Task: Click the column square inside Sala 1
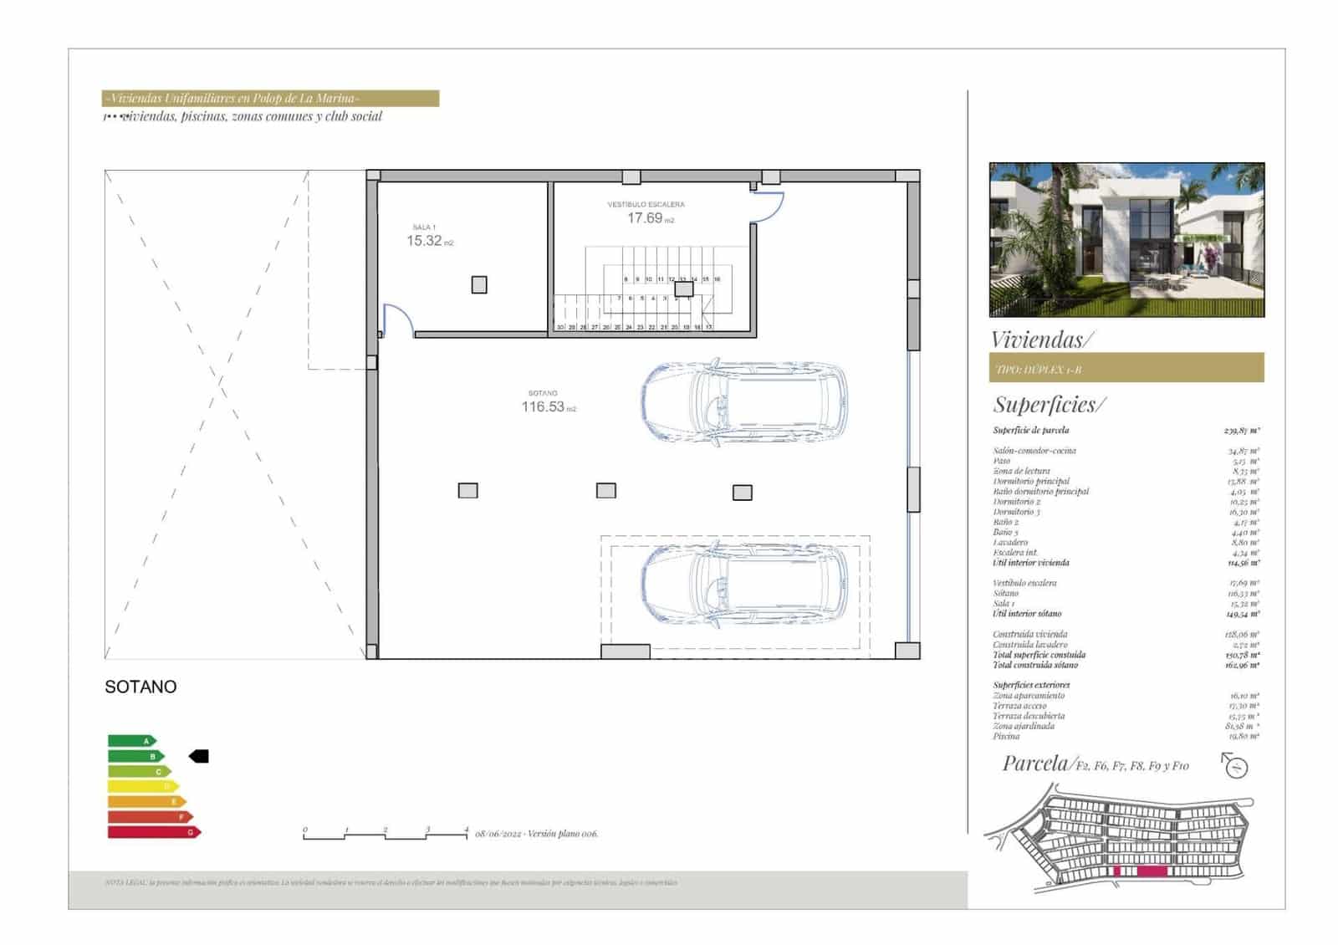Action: point(479,285)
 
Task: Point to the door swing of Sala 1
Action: point(397,319)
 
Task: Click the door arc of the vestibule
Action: point(768,207)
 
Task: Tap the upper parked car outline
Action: point(743,401)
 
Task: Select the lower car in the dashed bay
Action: point(743,585)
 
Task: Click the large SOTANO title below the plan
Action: point(140,687)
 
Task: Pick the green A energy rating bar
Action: point(131,741)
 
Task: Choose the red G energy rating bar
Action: point(154,832)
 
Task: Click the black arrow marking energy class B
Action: point(199,756)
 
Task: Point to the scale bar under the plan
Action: point(385,834)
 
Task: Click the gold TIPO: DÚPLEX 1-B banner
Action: point(1126,368)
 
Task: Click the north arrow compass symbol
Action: point(1235,765)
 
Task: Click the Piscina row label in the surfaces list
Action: point(1006,737)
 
